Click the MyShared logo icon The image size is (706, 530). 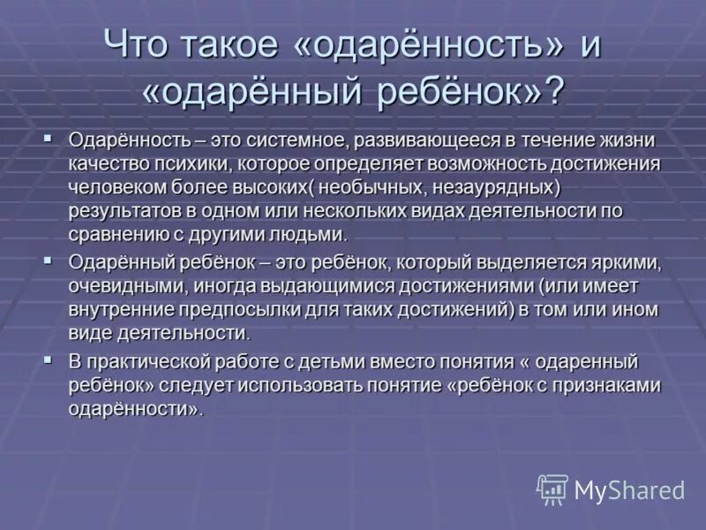(x=552, y=488)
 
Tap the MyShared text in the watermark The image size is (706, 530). (x=629, y=489)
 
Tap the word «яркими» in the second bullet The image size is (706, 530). (x=630, y=264)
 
